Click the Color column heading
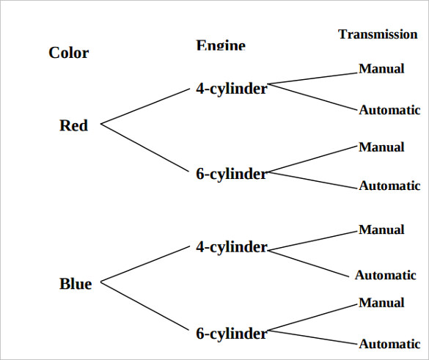click(x=69, y=53)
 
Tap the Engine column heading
click(x=221, y=45)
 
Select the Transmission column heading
click(x=378, y=34)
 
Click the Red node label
click(x=73, y=125)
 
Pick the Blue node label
click(x=76, y=284)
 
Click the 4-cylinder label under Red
click(x=231, y=89)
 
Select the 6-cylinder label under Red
click(x=231, y=174)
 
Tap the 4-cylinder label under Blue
click(x=231, y=247)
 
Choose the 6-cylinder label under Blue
click(x=231, y=334)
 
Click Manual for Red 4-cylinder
click(x=381, y=69)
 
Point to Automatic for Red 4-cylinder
click(x=389, y=111)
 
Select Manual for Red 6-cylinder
click(x=381, y=147)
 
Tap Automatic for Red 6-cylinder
click(x=389, y=186)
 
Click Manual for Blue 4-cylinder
click(x=381, y=230)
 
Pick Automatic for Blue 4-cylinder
click(x=386, y=276)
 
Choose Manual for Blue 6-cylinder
click(x=381, y=303)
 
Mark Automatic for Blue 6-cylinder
click(x=389, y=344)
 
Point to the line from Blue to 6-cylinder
click(x=144, y=306)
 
